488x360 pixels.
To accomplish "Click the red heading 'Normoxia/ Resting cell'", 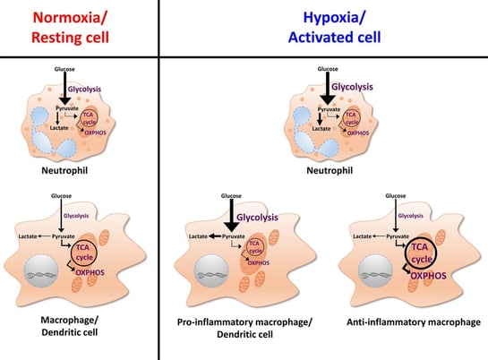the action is point(70,28).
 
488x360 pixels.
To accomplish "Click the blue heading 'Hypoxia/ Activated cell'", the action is point(334,28).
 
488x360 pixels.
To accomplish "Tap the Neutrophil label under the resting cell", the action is point(64,170).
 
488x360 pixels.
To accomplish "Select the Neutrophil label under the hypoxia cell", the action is point(330,170).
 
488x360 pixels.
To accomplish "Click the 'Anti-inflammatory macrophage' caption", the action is point(414,322).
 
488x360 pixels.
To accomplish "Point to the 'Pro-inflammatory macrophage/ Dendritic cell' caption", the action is point(244,328).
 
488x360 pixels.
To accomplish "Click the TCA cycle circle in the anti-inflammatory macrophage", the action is point(421,253).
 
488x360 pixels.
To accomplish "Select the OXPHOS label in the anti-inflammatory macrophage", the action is point(428,276).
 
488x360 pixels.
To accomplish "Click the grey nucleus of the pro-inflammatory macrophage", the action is point(211,270).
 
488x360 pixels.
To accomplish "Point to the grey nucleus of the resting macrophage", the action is point(41,270).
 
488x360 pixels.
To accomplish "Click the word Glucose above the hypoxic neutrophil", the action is point(328,69).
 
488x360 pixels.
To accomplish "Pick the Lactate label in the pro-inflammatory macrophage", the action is point(198,236).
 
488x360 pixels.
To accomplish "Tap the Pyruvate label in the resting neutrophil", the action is point(67,108).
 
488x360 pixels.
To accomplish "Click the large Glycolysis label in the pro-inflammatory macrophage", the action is point(257,218).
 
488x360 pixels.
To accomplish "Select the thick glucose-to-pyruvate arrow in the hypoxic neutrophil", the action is point(328,89).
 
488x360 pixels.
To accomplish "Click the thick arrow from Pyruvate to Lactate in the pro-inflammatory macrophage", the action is point(215,236).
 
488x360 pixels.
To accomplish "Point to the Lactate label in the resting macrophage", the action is point(28,236).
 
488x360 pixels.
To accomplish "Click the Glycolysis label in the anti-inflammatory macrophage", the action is point(410,216).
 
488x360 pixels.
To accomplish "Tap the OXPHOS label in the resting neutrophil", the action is point(95,133).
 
